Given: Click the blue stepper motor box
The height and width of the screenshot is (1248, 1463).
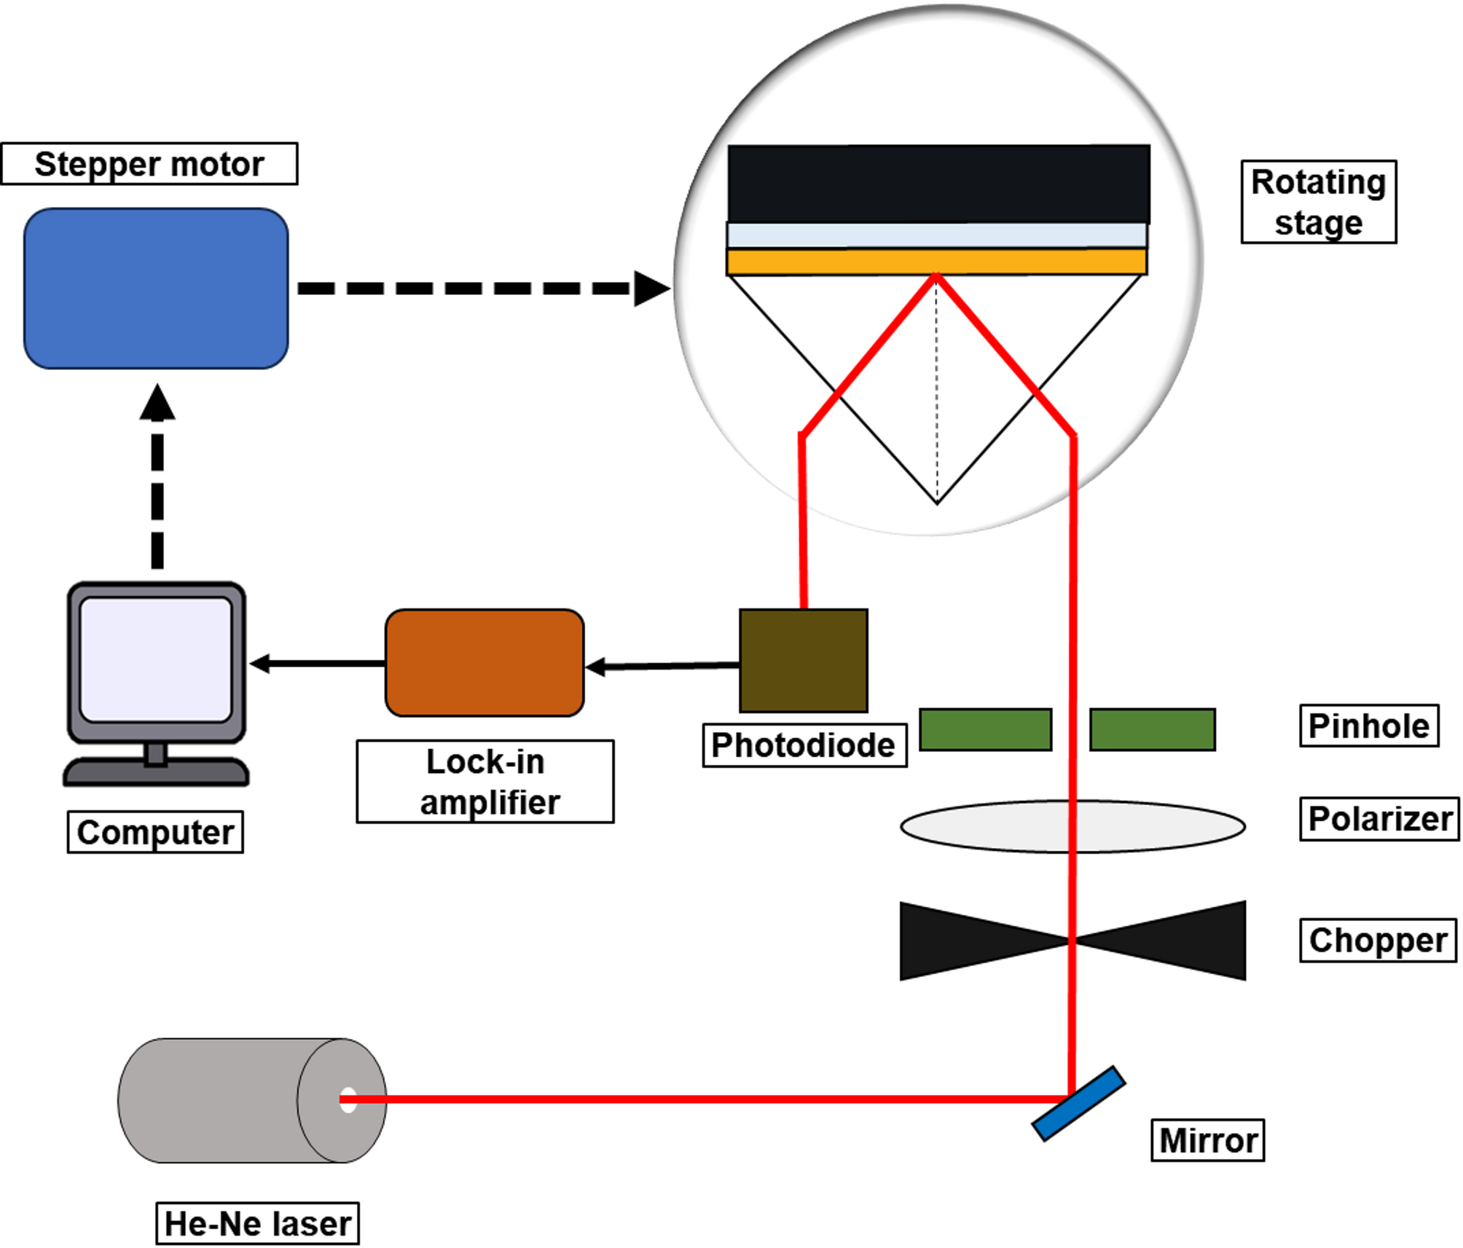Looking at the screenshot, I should click(x=156, y=289).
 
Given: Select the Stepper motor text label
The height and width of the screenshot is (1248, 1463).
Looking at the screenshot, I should click(x=149, y=164).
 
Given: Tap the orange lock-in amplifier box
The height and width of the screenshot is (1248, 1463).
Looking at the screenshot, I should click(x=485, y=663).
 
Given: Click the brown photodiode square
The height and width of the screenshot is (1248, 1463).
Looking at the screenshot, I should click(x=803, y=661).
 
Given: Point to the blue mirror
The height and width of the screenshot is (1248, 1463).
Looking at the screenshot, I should click(x=1078, y=1104).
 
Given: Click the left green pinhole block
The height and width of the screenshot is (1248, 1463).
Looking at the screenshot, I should click(x=985, y=729).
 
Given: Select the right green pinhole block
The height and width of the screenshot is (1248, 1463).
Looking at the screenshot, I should click(x=1152, y=729).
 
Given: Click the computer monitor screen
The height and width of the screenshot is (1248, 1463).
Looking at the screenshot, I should click(x=156, y=659).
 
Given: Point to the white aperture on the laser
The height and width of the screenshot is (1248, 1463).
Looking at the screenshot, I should click(x=348, y=1100).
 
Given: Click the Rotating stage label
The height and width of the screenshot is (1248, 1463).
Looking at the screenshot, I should click(x=1318, y=202).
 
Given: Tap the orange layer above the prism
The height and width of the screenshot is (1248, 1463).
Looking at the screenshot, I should click(x=936, y=262).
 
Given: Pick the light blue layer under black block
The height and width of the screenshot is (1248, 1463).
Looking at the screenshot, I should click(x=936, y=235).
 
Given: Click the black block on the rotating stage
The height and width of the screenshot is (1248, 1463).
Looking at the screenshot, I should click(x=938, y=184).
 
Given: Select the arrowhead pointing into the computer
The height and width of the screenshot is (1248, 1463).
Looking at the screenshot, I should click(x=260, y=663).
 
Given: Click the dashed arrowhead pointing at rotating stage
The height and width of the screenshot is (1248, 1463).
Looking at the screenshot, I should click(x=651, y=289).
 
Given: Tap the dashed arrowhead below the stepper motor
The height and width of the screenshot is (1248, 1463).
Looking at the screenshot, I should click(x=157, y=402).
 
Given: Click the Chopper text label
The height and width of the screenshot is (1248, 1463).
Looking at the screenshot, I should click(x=1377, y=941).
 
